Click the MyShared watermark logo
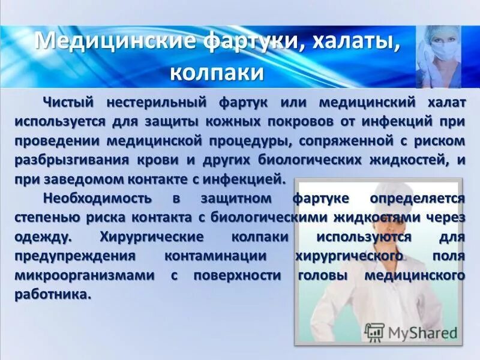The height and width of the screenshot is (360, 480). click(x=411, y=332)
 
